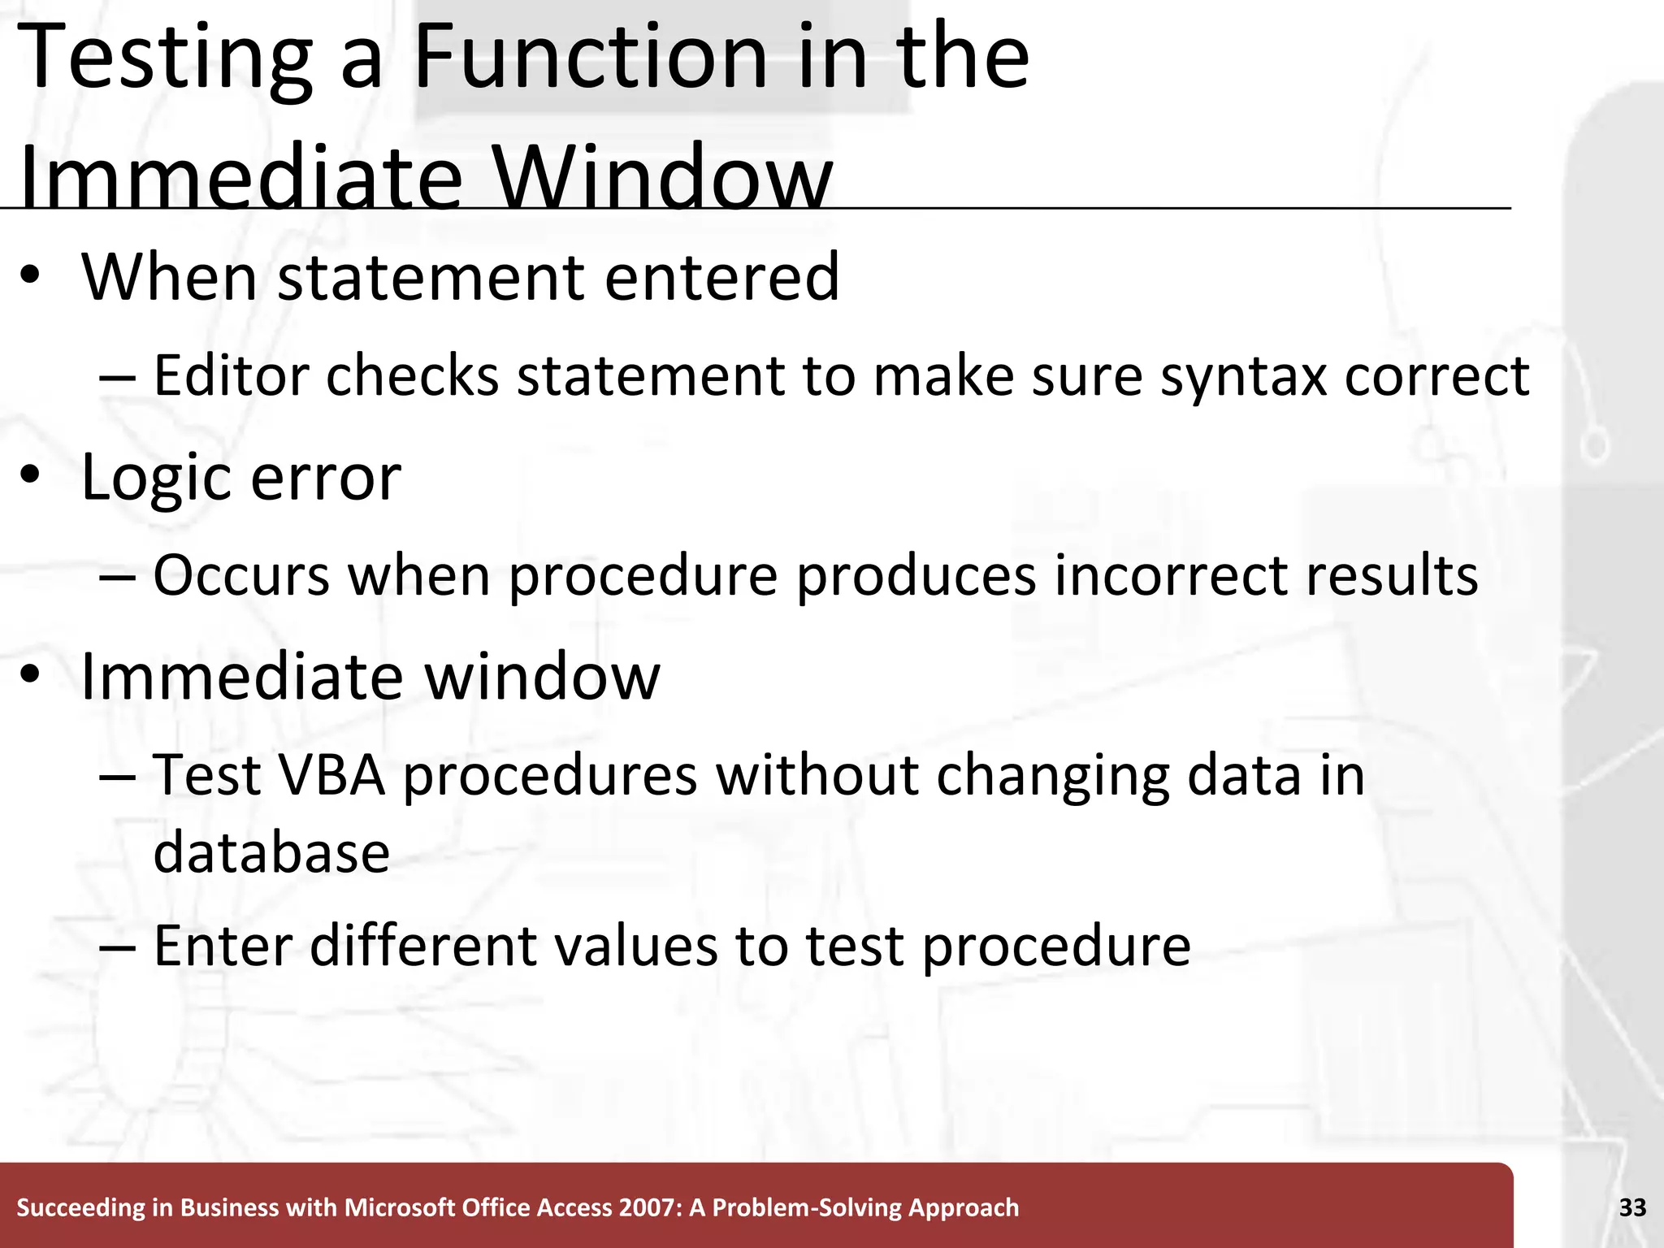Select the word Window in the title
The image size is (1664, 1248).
click(x=661, y=179)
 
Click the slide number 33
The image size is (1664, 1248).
click(x=1632, y=1207)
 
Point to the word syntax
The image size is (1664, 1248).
click(x=1243, y=376)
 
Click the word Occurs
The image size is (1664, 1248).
click(x=242, y=575)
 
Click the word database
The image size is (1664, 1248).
click(x=271, y=852)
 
